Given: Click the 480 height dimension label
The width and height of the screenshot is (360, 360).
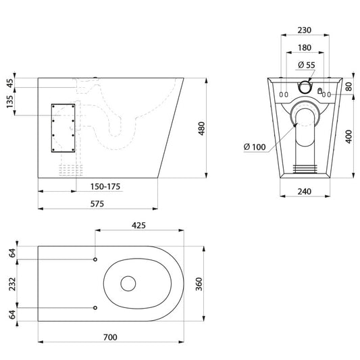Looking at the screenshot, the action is point(201,128).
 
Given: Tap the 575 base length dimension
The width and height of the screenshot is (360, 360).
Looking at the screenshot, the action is point(97,204).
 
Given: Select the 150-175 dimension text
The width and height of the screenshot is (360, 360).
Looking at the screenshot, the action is point(105,186).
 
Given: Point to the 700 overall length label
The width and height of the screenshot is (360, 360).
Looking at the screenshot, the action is point(110,337).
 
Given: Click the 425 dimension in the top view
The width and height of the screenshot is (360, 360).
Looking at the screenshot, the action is point(138,226).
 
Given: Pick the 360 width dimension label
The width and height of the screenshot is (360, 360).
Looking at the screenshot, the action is point(199,284).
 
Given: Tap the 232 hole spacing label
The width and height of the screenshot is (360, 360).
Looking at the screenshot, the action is point(12,284).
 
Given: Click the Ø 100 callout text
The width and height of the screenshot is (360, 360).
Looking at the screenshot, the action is point(255,147).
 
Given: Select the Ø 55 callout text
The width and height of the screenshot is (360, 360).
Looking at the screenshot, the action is point(307,65).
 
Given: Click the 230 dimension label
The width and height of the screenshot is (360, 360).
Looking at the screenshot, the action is point(305,30).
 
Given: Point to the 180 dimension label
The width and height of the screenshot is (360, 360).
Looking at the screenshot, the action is point(305,47).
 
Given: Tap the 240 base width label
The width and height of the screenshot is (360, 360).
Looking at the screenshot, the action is point(305,191).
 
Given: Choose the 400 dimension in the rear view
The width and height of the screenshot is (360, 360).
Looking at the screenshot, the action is point(349,136).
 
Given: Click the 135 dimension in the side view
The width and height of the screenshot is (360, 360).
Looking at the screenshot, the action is point(10,102).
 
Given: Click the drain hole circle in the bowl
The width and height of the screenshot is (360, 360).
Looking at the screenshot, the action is point(128,284).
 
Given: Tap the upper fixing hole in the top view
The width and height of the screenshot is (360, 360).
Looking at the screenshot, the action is point(95,259).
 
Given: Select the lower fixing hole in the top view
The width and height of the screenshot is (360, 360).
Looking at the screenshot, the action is point(95,307).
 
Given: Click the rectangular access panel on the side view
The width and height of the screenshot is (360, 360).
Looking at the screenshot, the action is point(63,128).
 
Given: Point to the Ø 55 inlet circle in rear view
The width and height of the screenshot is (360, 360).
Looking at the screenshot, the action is point(305,87).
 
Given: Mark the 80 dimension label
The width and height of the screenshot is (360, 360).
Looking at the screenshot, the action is point(349,86).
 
